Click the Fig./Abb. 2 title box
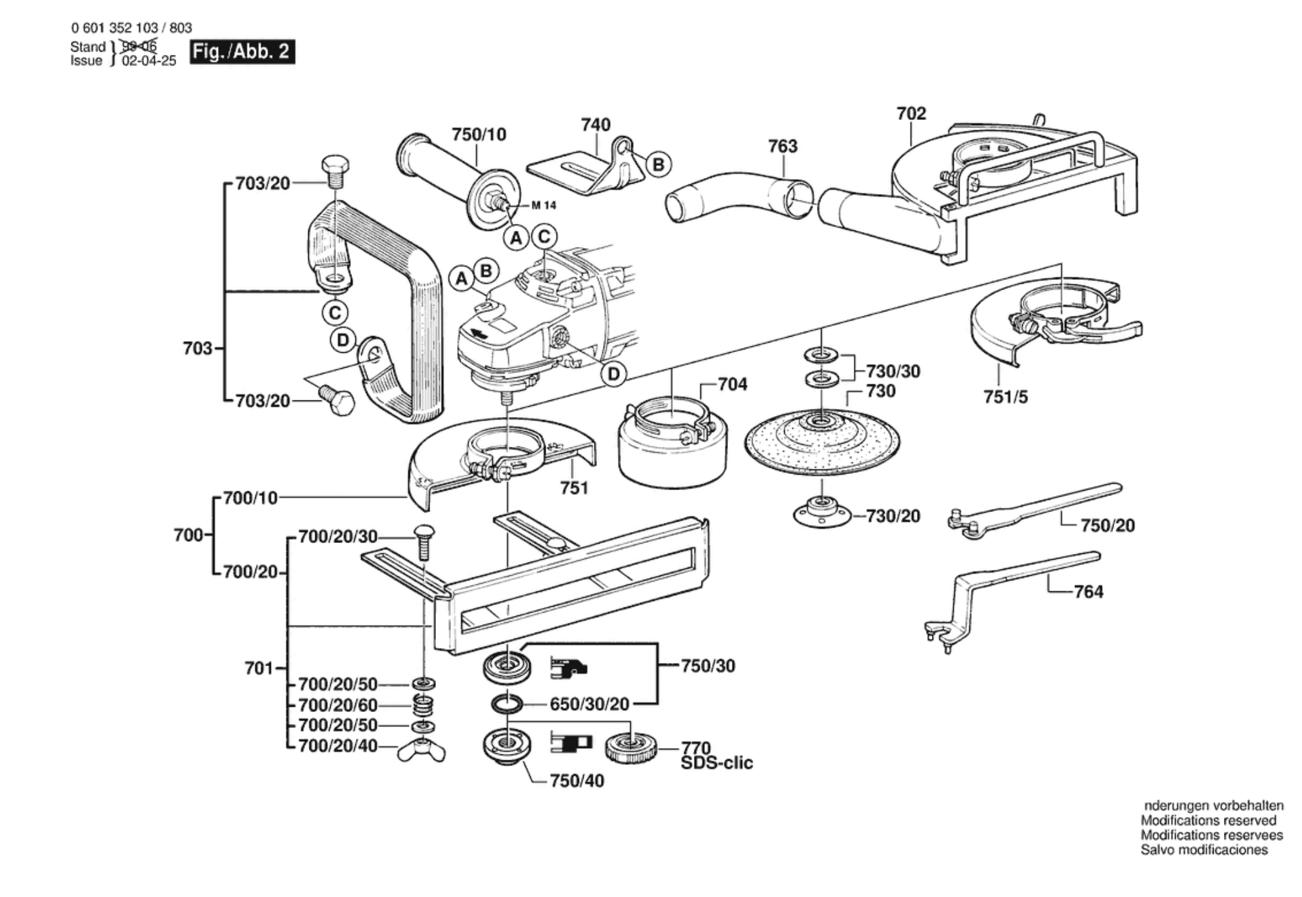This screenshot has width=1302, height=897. (242, 52)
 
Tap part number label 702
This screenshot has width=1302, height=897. (911, 113)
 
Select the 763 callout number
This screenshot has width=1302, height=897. (782, 146)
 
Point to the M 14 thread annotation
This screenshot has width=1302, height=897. (544, 205)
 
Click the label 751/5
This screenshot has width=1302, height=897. (1005, 397)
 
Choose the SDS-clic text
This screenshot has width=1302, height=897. (716, 764)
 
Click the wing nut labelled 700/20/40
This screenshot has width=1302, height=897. (421, 750)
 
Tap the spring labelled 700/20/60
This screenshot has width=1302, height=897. (423, 705)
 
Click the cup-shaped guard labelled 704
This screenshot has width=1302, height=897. (673, 445)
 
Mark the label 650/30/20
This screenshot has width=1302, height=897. (589, 704)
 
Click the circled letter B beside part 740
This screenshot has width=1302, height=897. (658, 164)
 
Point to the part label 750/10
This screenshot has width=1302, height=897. (478, 135)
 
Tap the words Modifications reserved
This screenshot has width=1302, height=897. (1208, 820)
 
